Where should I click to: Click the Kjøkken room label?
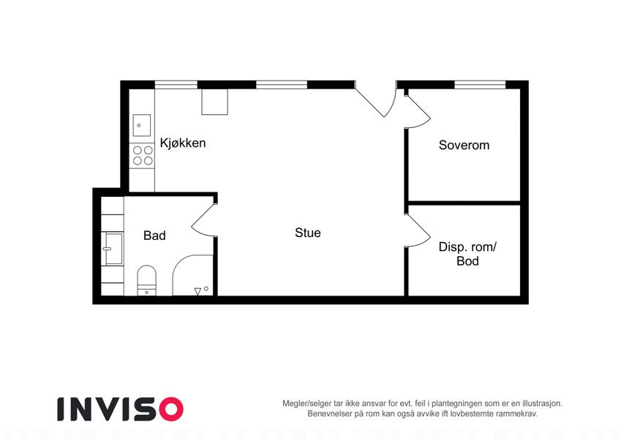click(183, 143)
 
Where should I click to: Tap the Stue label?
click(308, 233)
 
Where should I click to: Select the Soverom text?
click(464, 145)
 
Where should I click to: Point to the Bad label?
click(154, 236)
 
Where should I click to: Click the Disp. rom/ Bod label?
click(467, 254)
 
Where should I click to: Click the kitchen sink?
click(141, 125)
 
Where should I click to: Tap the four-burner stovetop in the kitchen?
click(143, 155)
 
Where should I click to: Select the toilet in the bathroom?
click(146, 280)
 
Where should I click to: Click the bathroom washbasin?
click(113, 249)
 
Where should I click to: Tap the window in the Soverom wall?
click(480, 85)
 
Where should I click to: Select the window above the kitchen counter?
click(176, 85)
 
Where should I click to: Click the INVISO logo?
click(120, 409)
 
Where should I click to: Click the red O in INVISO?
click(171, 409)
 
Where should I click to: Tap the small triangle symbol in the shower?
click(197, 292)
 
